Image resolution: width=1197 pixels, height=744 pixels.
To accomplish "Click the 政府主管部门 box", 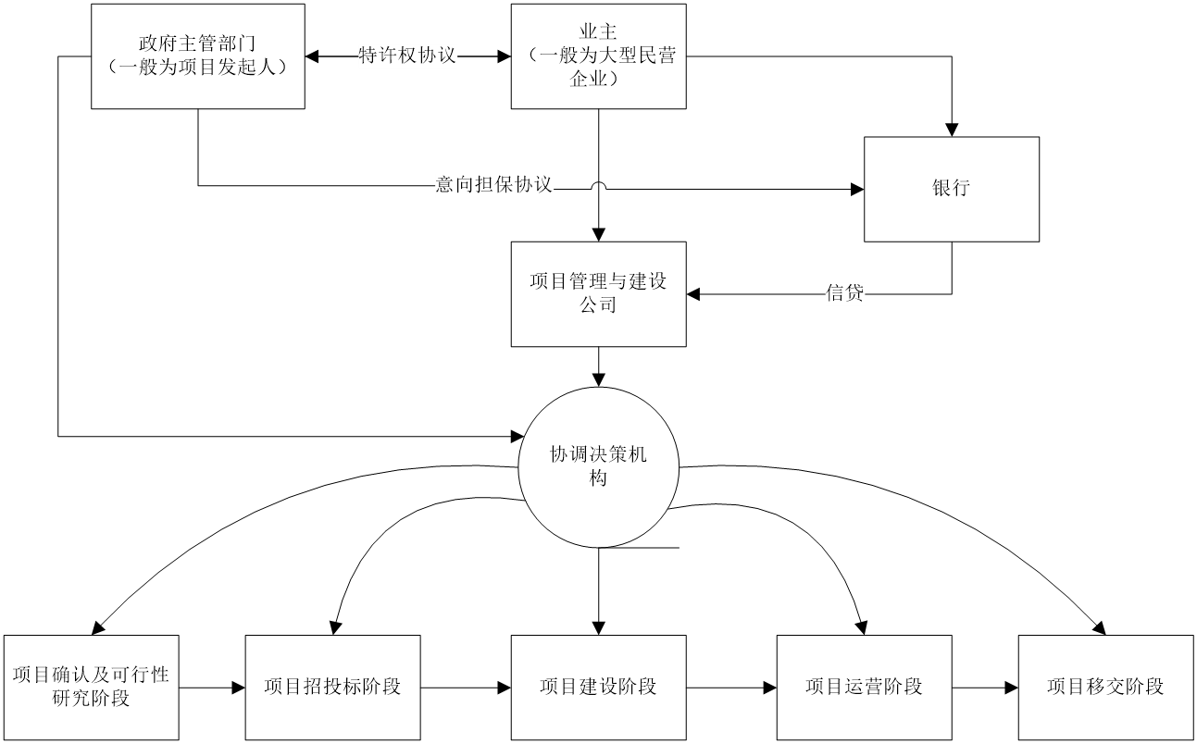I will pyautogui.click(x=197, y=56).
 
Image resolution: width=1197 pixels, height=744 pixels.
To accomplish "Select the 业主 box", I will pyautogui.click(x=598, y=56).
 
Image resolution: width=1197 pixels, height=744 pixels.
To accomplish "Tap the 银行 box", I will pyautogui.click(x=951, y=189).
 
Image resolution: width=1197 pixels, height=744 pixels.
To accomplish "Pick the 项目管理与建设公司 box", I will pyautogui.click(x=598, y=293).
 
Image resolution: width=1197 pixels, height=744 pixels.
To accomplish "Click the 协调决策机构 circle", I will pyautogui.click(x=598, y=467).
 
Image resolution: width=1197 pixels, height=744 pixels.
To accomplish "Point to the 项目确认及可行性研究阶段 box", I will pyautogui.click(x=91, y=687).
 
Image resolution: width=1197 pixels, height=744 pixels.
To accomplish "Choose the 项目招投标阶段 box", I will pyautogui.click(x=332, y=687).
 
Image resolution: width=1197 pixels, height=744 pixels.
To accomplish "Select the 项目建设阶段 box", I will pyautogui.click(x=598, y=687).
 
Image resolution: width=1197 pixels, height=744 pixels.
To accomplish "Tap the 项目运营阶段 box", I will pyautogui.click(x=864, y=687).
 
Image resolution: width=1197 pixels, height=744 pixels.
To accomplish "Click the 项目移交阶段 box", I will pyautogui.click(x=1105, y=687).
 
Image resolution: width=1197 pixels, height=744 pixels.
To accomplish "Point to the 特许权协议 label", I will pyautogui.click(x=408, y=56).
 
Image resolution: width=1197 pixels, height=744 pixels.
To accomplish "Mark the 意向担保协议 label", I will pyautogui.click(x=494, y=185).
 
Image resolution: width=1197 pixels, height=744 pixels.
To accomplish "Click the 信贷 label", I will pyautogui.click(x=844, y=294).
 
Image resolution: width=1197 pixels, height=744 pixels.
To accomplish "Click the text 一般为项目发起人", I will pyautogui.click(x=197, y=68).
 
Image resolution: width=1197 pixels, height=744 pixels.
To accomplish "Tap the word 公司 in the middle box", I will pyautogui.click(x=598, y=305).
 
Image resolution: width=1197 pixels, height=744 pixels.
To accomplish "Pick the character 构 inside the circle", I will pyautogui.click(x=598, y=479).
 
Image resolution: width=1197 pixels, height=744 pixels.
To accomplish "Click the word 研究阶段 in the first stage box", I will pyautogui.click(x=91, y=699).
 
